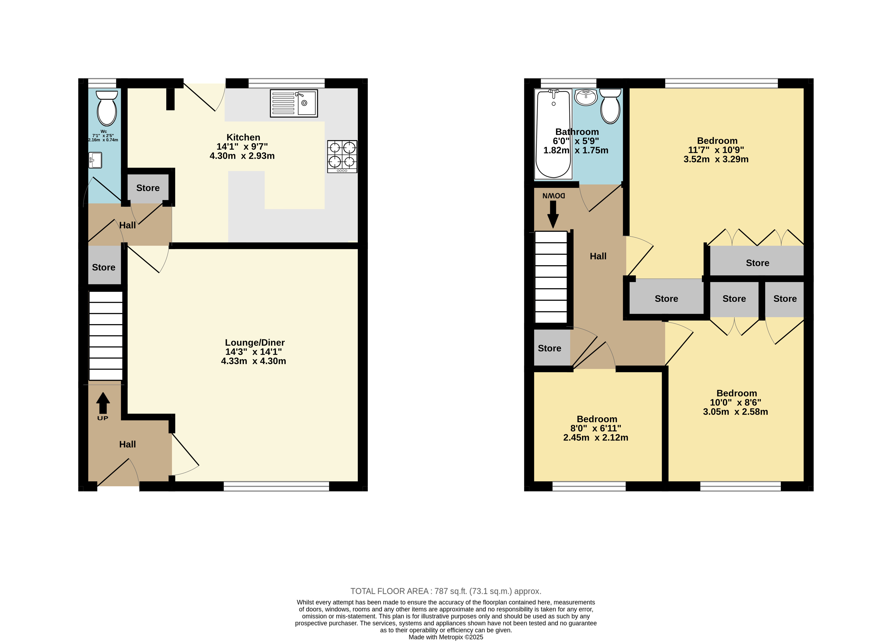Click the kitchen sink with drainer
294,104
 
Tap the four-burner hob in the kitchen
342,156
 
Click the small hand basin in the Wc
95,160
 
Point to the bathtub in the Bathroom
553,134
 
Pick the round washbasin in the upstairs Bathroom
586,97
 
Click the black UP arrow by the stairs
103,403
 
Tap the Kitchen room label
243,137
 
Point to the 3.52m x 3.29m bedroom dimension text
716,159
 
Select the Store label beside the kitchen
148,188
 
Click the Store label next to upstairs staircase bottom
549,348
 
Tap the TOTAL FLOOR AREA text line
446,591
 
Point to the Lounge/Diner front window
276,486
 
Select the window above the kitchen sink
286,83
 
